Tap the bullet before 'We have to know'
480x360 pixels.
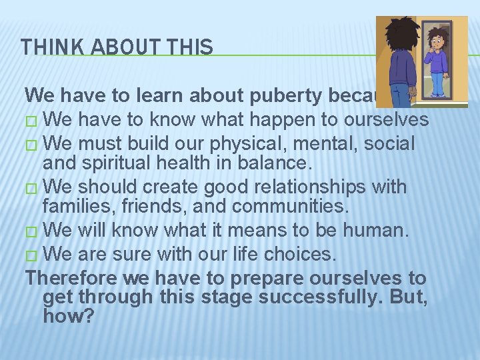tap(33, 121)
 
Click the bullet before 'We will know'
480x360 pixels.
tap(33, 231)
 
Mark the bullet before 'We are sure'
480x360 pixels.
tap(33, 254)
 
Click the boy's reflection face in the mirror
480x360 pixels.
tap(437, 41)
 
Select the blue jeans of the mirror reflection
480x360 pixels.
tap(438, 85)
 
